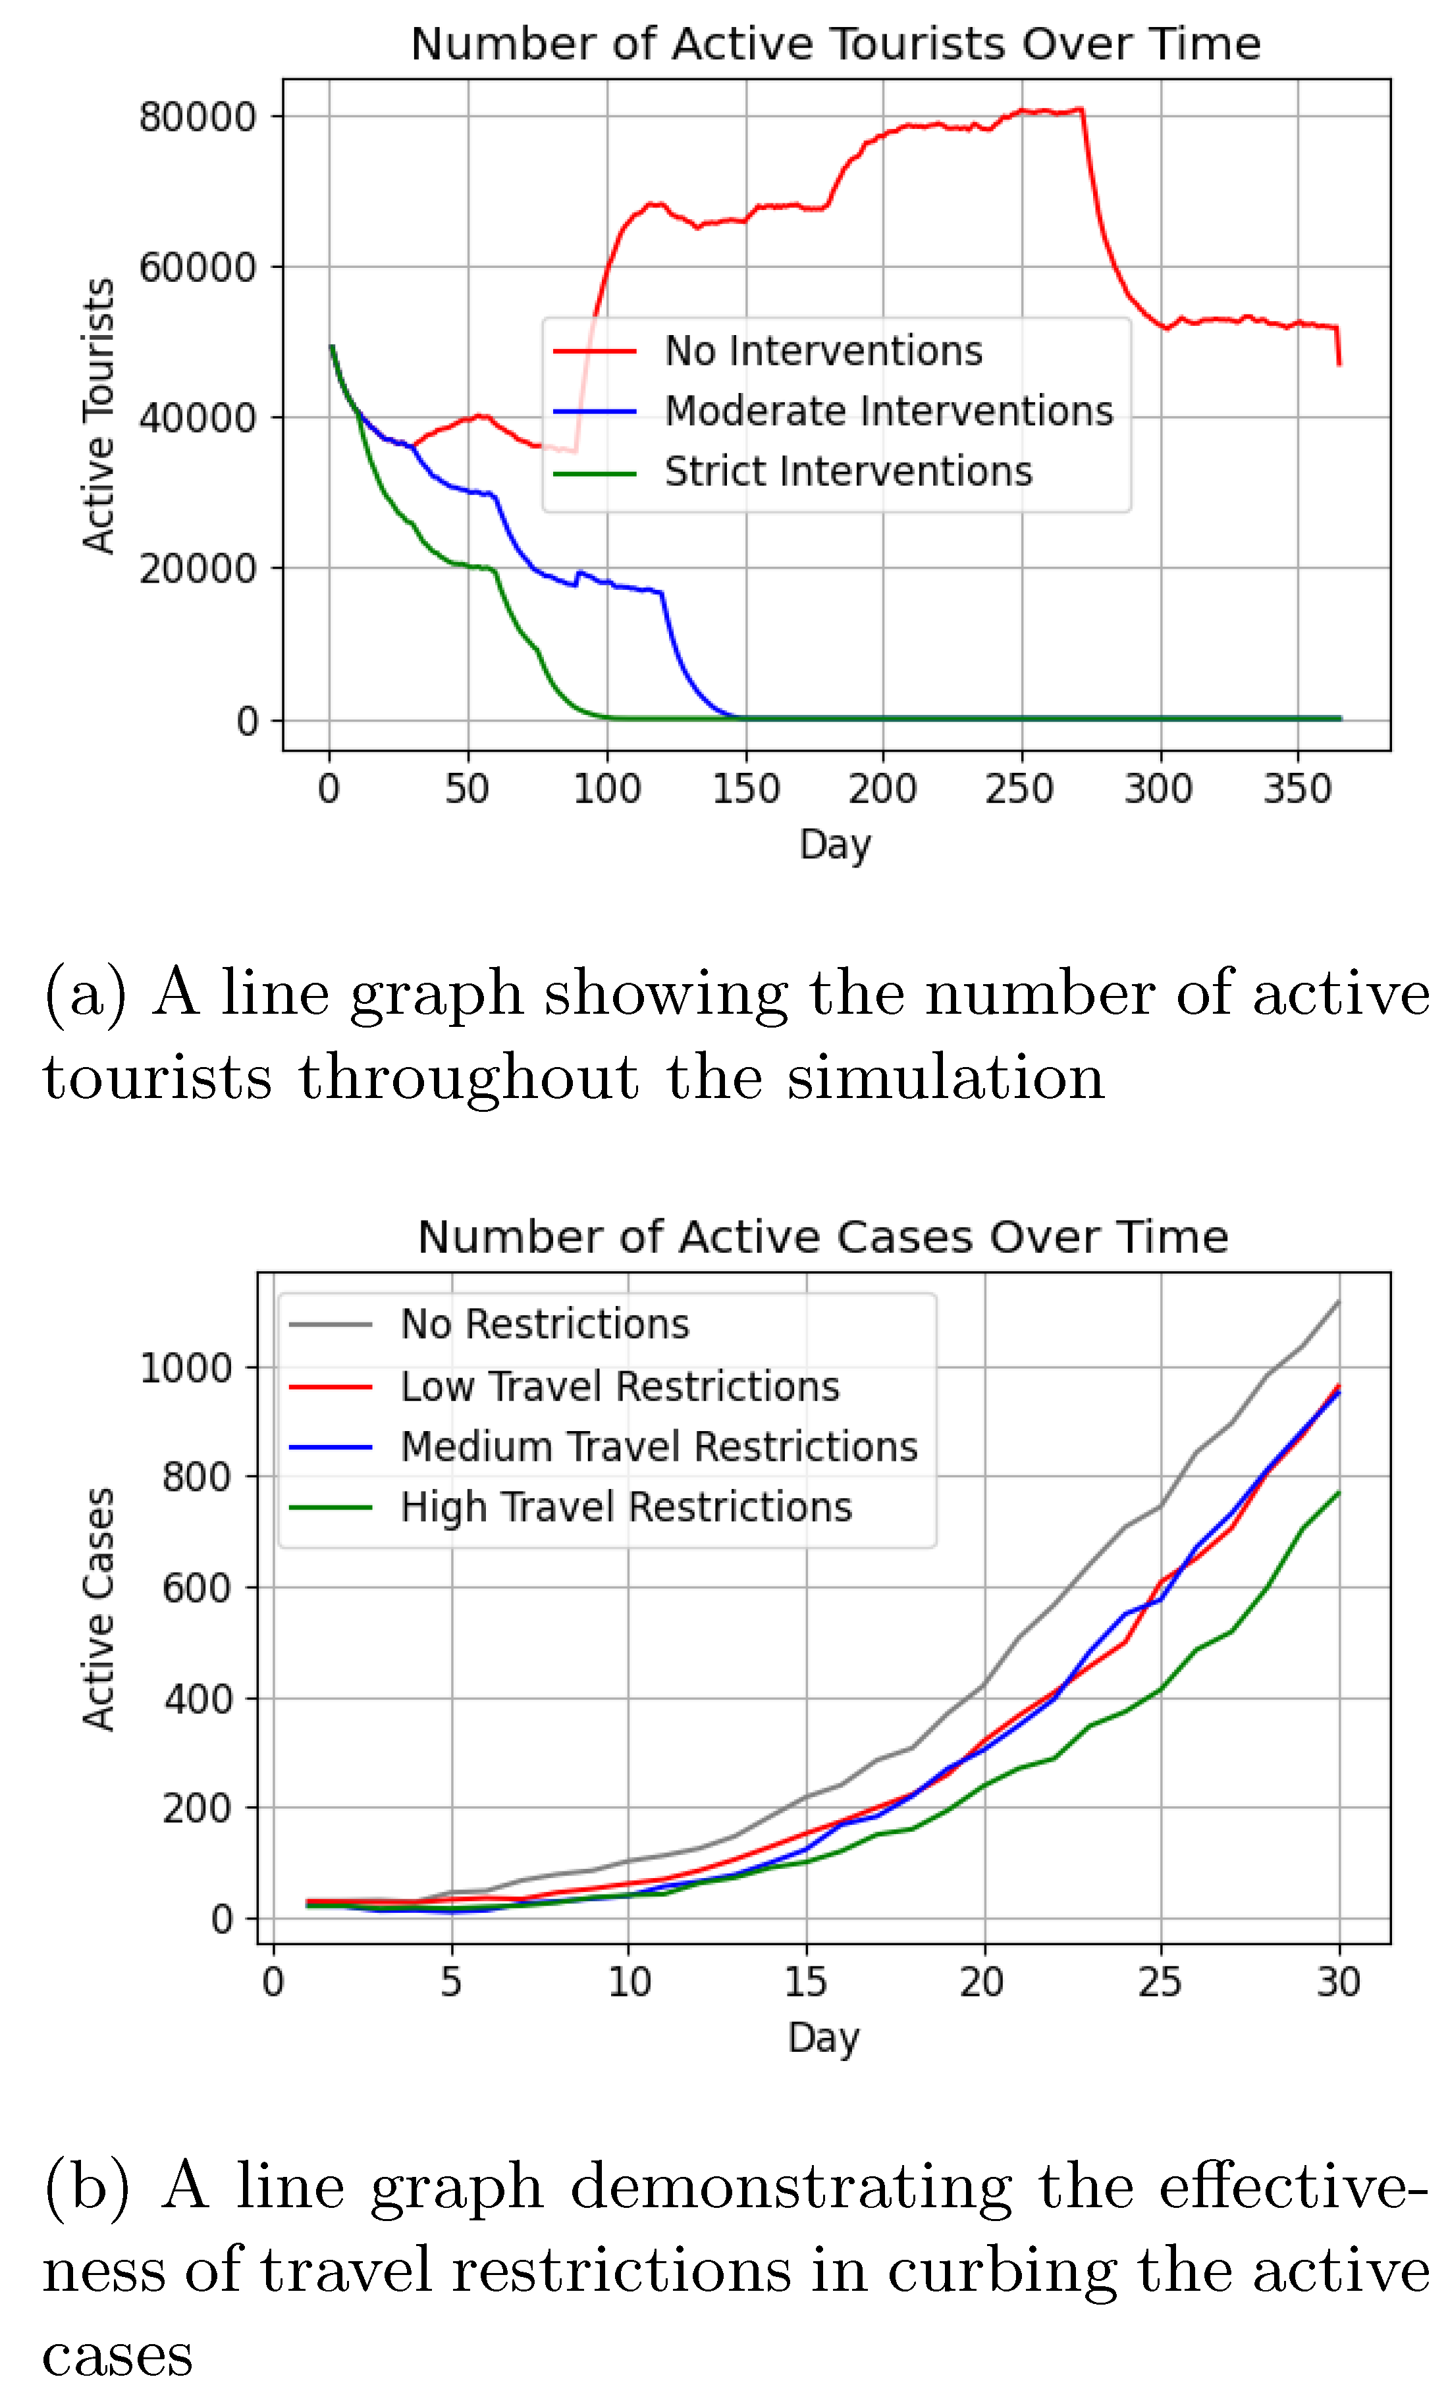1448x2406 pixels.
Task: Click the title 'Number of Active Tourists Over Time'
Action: [835, 44]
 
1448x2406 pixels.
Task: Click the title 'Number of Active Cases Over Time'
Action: [822, 1237]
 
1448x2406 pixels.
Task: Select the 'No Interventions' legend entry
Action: [822, 351]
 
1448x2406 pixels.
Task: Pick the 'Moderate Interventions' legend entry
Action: [888, 411]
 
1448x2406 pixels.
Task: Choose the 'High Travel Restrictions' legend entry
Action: [626, 1507]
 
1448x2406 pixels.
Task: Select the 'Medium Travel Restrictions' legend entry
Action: [658, 1446]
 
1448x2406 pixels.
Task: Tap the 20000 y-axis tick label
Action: [197, 569]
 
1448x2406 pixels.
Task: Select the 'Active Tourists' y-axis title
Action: [99, 417]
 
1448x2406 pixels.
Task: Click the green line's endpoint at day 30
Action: [1338, 1493]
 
